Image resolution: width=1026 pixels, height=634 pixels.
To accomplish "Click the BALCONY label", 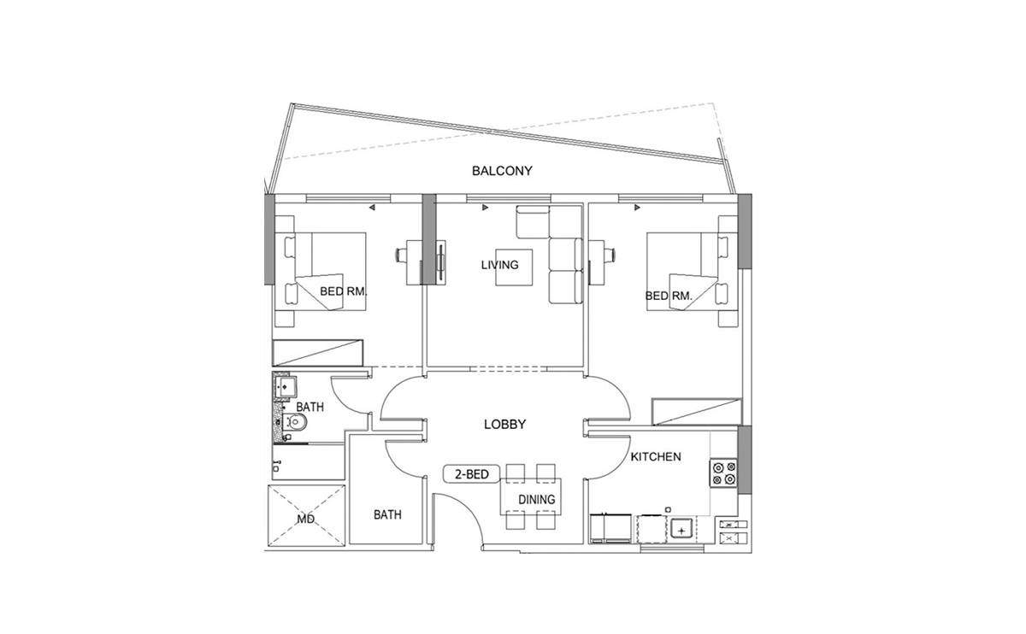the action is click(502, 171).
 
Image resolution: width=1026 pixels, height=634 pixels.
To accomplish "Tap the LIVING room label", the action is click(499, 265).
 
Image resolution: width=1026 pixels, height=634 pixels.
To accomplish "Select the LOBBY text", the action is click(504, 425).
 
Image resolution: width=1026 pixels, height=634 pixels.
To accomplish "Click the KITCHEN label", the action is click(656, 456).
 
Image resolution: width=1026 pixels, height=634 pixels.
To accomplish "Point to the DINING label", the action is click(536, 499).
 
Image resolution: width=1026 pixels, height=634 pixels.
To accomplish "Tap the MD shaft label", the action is click(305, 520).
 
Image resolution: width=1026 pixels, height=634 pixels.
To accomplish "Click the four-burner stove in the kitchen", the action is click(723, 473).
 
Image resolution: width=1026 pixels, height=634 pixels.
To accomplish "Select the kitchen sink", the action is click(682, 529).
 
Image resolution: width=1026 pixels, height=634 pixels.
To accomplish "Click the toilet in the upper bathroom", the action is click(294, 421).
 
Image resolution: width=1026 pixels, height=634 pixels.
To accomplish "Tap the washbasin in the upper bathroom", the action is click(286, 387).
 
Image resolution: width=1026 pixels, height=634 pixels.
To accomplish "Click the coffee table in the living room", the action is click(514, 267).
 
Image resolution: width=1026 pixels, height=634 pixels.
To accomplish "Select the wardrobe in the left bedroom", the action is click(318, 353).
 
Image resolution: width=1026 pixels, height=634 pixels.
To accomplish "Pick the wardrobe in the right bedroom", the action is click(697, 412).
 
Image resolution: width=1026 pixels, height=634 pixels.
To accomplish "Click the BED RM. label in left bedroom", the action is click(344, 291).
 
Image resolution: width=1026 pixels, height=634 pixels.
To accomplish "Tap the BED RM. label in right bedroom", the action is click(669, 296).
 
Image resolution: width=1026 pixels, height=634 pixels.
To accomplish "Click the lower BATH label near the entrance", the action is click(387, 515).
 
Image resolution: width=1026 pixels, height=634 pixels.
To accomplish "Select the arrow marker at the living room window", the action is click(486, 208).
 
